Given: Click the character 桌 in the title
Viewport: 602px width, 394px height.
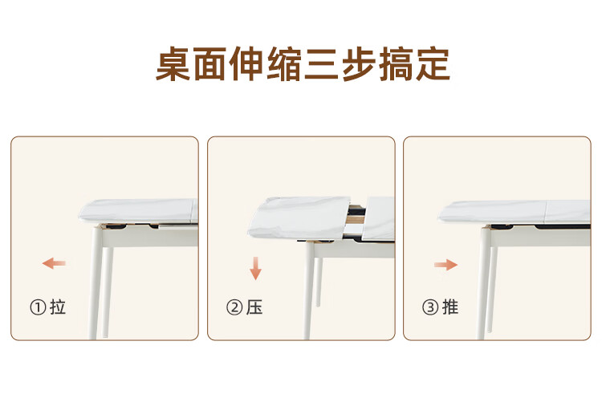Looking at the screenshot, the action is (x=173, y=63).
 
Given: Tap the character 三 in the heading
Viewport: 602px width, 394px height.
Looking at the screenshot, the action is (x=320, y=64).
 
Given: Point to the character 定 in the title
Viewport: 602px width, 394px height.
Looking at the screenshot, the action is (x=433, y=63).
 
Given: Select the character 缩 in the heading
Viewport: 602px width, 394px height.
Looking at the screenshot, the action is (x=284, y=63).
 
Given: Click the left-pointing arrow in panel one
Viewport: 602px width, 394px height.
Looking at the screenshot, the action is (x=54, y=263).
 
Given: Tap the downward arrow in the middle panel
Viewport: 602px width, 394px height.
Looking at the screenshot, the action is (x=255, y=269).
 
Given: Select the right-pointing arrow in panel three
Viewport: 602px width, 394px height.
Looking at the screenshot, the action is (x=445, y=265).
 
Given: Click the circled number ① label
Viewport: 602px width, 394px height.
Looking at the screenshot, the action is (x=38, y=307).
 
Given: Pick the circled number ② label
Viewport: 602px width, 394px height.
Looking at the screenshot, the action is (x=234, y=307).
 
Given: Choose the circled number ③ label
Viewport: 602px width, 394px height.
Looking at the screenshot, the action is (x=430, y=307).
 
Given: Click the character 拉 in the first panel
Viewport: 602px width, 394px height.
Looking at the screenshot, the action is (x=58, y=307).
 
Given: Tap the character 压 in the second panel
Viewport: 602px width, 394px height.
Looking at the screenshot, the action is (x=254, y=307).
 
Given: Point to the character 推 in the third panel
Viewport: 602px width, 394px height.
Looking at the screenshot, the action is (x=450, y=307).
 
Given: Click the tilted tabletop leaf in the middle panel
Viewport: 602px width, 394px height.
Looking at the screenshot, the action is (x=299, y=218).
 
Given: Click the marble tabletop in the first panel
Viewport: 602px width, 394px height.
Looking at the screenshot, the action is (x=138, y=211).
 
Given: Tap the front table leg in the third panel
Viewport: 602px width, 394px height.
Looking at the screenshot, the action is (x=485, y=283).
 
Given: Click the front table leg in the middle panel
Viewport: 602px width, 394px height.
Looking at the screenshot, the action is (x=309, y=290).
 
